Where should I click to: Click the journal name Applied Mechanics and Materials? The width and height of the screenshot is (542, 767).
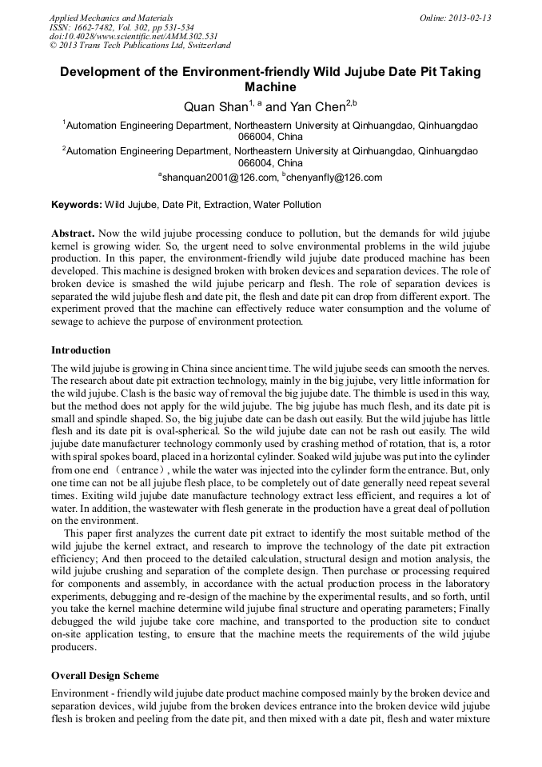(110, 18)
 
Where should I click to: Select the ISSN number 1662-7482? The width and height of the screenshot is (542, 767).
(95, 27)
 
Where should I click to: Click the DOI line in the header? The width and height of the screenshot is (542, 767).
(133, 37)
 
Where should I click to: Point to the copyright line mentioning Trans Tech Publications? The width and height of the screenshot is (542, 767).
(140, 46)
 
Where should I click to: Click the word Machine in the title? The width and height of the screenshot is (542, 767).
(270, 87)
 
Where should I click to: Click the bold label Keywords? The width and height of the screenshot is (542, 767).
(77, 205)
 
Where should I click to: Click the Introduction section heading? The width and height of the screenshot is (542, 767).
(81, 350)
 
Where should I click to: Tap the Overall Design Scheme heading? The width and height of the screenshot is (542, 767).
(105, 676)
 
